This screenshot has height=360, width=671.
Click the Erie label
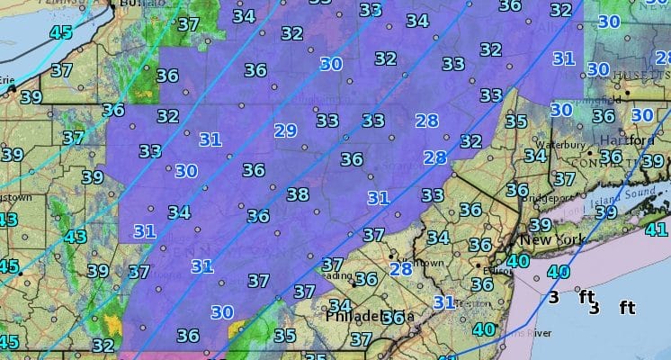tap(7, 80)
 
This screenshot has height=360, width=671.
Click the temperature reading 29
tap(285, 130)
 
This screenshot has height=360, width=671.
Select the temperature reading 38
tap(297, 194)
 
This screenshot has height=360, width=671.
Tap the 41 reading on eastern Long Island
tap(657, 229)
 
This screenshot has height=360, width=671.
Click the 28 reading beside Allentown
tap(400, 268)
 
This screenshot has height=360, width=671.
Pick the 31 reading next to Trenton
tap(443, 302)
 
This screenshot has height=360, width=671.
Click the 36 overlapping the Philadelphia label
tap(393, 317)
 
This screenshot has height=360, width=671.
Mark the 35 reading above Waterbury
tap(515, 121)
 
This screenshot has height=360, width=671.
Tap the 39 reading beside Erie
tap(31, 97)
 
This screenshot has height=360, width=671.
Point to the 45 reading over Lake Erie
tap(61, 33)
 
